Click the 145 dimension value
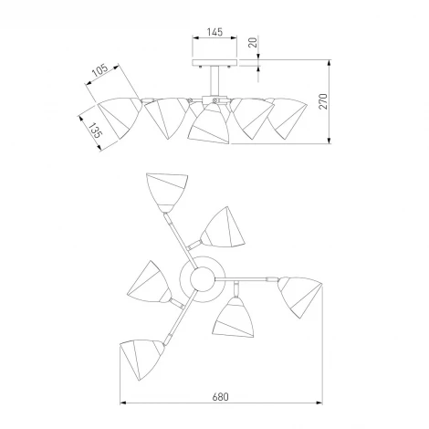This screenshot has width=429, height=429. (x=214, y=32)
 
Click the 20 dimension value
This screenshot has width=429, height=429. (x=253, y=42)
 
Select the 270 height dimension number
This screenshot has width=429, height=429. (x=323, y=101)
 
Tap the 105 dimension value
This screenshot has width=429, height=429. (x=100, y=70)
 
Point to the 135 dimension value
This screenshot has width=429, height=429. (x=95, y=131)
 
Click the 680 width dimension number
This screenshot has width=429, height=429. (x=220, y=397)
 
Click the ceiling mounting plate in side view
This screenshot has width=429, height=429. (x=214, y=63)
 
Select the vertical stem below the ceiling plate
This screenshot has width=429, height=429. (x=214, y=80)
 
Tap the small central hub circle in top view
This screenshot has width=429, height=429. (x=203, y=279)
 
